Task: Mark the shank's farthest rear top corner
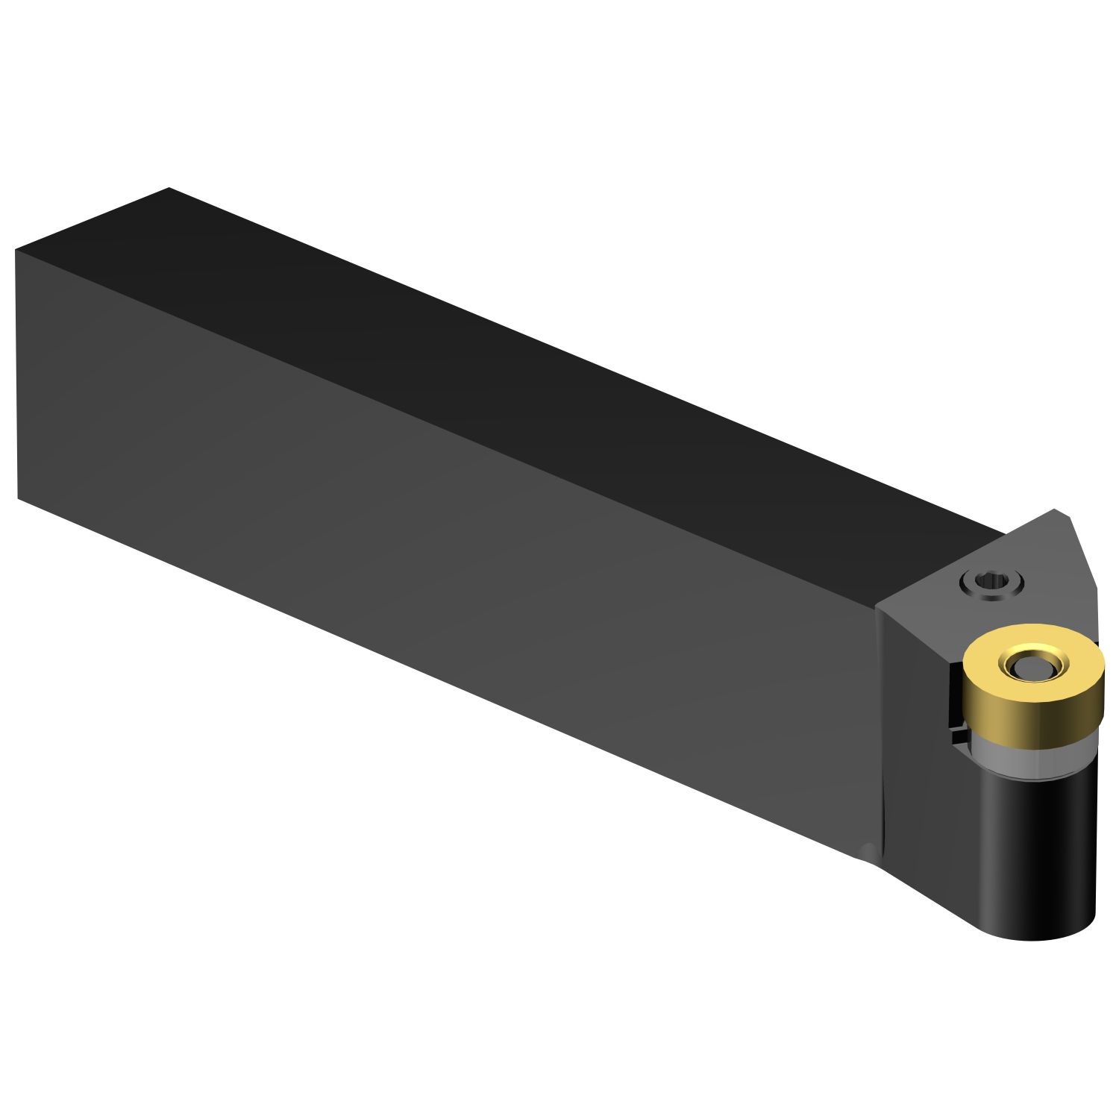pyautogui.click(x=169, y=188)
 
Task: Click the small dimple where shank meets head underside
pyautogui.click(x=867, y=850)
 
